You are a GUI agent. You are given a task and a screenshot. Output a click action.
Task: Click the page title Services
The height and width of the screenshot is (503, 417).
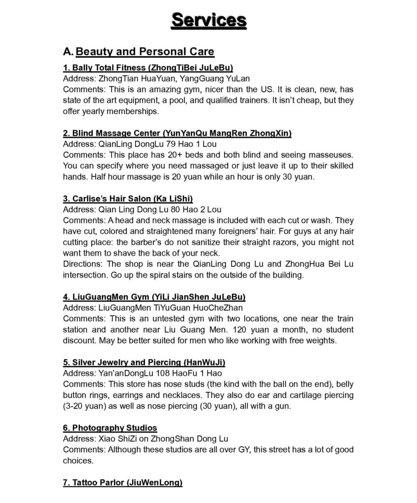[x=208, y=20]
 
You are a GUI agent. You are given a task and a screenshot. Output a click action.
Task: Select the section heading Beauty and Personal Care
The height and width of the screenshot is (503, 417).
[x=145, y=52]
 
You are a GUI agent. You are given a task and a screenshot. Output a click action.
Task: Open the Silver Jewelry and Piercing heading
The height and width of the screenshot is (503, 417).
[x=144, y=363]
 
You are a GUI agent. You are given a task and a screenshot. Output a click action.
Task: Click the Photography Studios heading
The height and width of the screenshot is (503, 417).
[x=110, y=428]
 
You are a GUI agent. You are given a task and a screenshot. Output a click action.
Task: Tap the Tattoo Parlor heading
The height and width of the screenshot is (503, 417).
[x=122, y=483]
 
